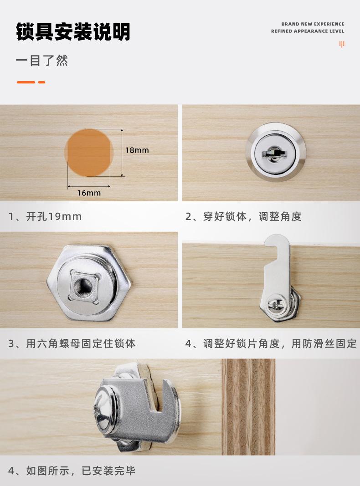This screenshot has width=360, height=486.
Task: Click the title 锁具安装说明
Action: coord(73,31)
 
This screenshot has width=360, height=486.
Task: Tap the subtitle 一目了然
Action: coord(41,61)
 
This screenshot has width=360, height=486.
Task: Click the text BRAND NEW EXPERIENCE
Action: coord(313,24)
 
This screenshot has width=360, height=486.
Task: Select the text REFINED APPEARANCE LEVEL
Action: coord(308,31)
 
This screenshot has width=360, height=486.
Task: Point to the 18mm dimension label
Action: coord(137,150)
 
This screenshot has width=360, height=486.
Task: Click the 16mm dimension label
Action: coord(89,193)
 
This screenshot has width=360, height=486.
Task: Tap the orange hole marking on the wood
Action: coord(89,153)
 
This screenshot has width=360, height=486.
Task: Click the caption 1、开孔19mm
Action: coord(45,216)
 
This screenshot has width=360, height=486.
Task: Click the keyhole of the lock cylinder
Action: coord(272,153)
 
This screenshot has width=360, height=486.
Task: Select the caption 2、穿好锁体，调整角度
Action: coord(243,216)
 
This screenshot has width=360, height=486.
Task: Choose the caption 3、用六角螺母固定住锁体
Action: coord(72,343)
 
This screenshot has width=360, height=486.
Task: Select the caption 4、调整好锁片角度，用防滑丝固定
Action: coord(271,343)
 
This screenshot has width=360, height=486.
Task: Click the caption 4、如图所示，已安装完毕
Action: coord(72,471)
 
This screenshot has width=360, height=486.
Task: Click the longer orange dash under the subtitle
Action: coord(26,82)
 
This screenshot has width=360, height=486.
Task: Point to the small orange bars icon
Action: coord(342,44)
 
